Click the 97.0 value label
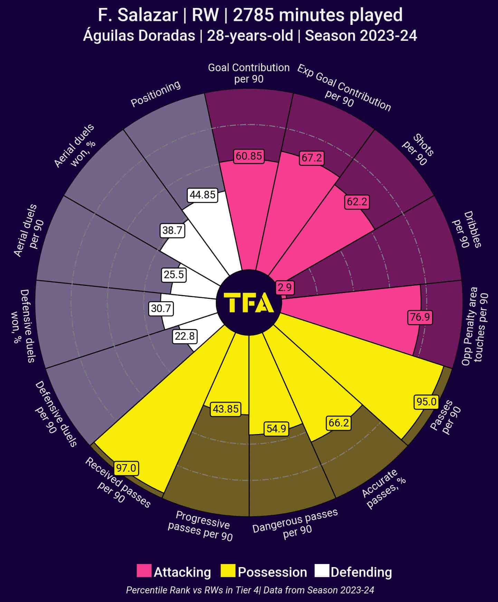click(x=126, y=468)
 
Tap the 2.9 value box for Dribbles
click(x=285, y=287)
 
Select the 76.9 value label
click(x=420, y=317)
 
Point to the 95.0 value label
click(x=426, y=402)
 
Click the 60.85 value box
click(x=249, y=156)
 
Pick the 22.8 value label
click(x=185, y=336)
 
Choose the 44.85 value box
click(x=203, y=195)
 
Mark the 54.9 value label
click(x=276, y=429)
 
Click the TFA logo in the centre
click(x=249, y=303)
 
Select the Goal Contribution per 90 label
click(x=249, y=73)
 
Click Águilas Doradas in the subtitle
click(x=139, y=36)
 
